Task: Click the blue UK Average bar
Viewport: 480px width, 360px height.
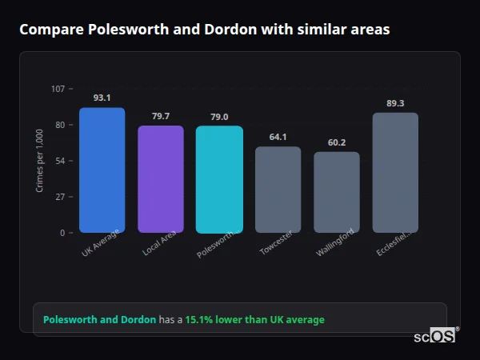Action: click(x=102, y=170)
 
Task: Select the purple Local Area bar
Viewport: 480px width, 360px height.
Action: click(x=161, y=179)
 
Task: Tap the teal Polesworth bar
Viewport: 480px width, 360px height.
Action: click(x=219, y=179)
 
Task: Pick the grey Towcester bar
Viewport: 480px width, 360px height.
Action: click(x=278, y=190)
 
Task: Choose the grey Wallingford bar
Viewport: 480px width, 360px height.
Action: click(x=337, y=192)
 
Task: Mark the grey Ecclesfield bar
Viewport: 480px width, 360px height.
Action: click(x=395, y=172)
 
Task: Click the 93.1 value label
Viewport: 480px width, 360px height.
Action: click(x=102, y=98)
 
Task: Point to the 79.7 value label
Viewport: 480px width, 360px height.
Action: click(x=161, y=116)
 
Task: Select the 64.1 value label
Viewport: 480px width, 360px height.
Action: click(x=278, y=137)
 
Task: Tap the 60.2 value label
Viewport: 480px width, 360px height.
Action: click(x=337, y=142)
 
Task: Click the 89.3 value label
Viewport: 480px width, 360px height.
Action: click(x=395, y=103)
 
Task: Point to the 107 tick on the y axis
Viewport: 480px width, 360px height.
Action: click(x=58, y=89)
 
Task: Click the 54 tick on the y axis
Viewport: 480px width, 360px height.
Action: click(x=61, y=161)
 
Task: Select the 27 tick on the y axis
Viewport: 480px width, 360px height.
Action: click(x=61, y=197)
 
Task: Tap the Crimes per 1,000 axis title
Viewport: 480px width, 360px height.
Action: click(x=40, y=161)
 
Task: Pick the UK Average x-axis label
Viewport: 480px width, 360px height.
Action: click(x=100, y=243)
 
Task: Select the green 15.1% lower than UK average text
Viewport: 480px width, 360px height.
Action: click(x=254, y=320)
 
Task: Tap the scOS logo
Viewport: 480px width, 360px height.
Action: click(x=435, y=336)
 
